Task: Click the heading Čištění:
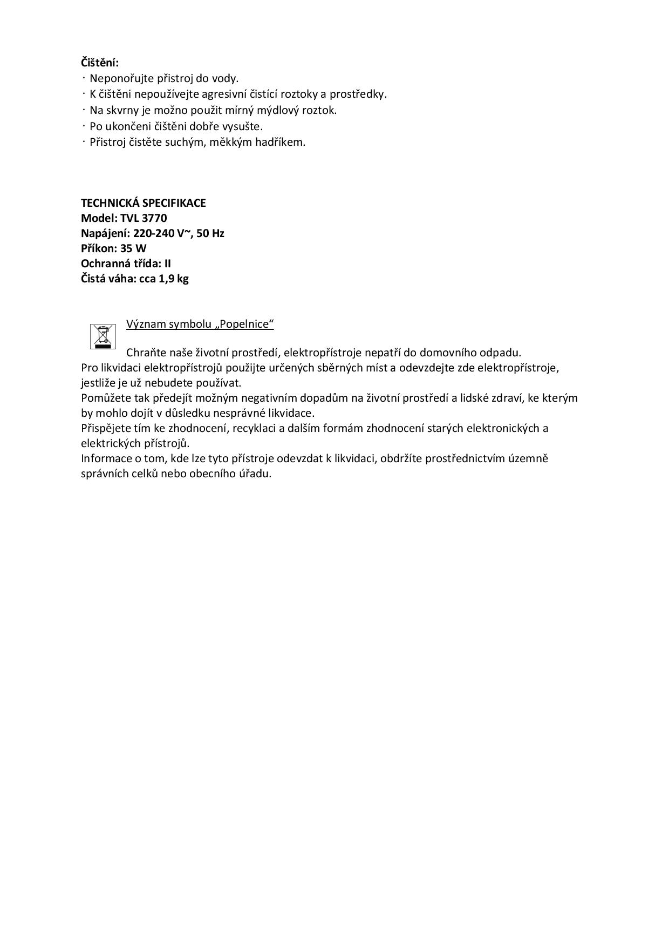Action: (x=100, y=62)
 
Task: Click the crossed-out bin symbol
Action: (x=103, y=336)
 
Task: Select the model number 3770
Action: (x=154, y=218)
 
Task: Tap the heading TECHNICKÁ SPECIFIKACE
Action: (x=143, y=203)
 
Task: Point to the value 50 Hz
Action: (x=210, y=233)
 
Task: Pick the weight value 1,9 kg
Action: (x=173, y=279)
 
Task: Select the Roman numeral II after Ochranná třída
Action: (x=168, y=263)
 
